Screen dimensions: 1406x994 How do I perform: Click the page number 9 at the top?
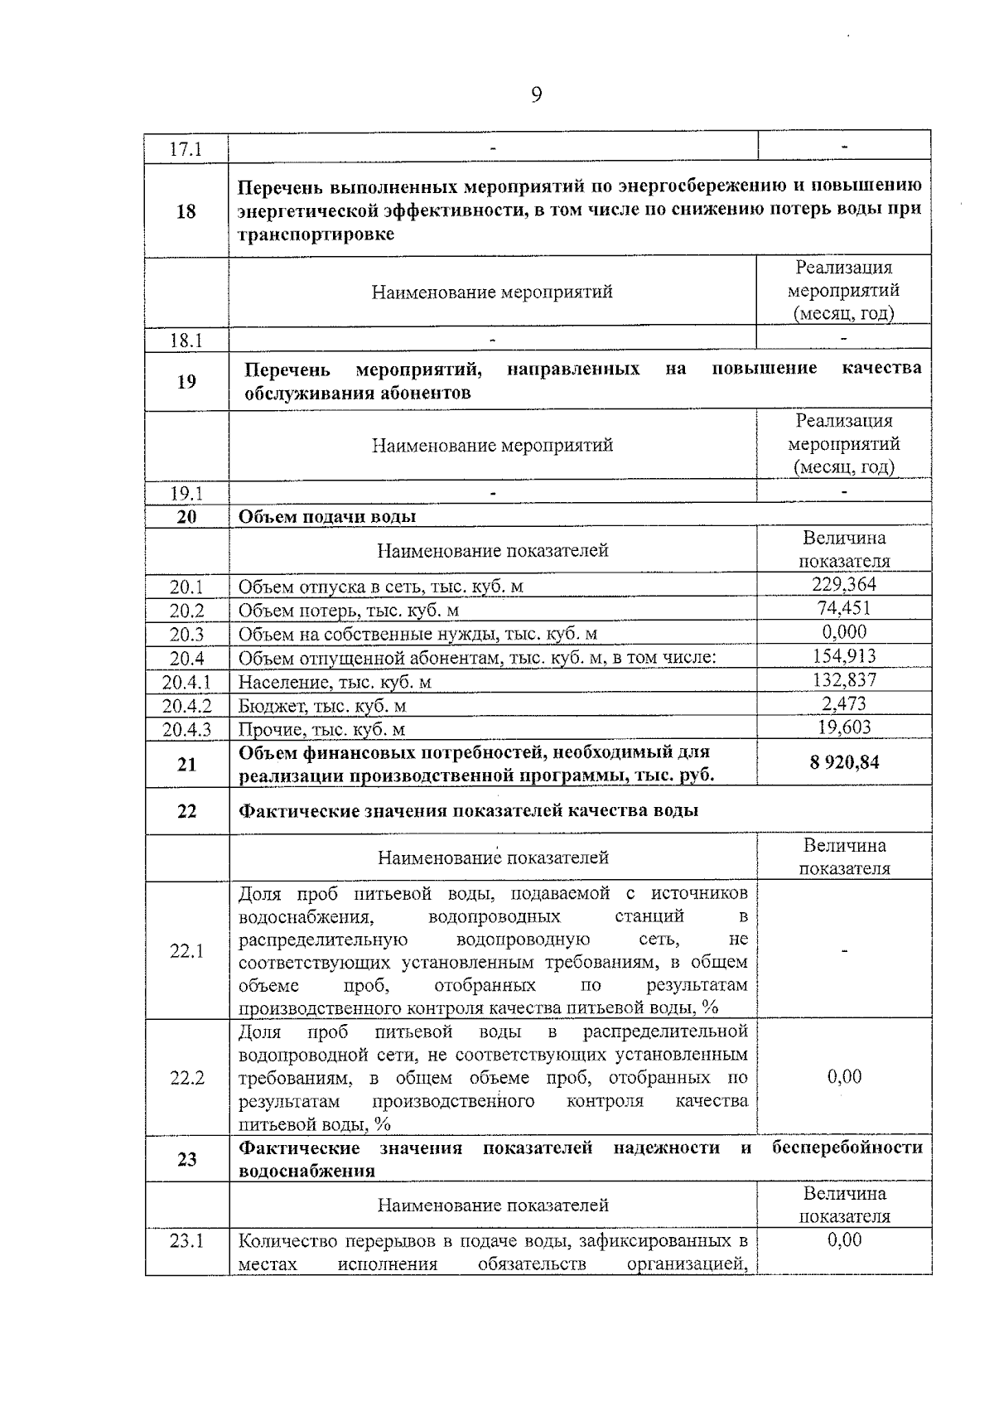pyautogui.click(x=536, y=96)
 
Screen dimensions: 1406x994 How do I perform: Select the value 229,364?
pyautogui.click(x=843, y=584)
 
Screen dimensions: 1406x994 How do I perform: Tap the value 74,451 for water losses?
pyautogui.click(x=843, y=608)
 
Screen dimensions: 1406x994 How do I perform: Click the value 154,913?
pyautogui.click(x=843, y=656)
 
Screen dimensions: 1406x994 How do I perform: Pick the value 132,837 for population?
pyautogui.click(x=843, y=680)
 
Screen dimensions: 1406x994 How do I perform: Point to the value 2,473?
pyautogui.click(x=843, y=704)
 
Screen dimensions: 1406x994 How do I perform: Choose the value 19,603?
pyautogui.click(x=843, y=727)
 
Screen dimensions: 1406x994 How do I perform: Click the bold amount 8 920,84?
pyautogui.click(x=843, y=763)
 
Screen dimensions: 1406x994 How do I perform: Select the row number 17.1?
pyautogui.click(x=186, y=150)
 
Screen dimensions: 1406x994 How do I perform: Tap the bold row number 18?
pyautogui.click(x=186, y=211)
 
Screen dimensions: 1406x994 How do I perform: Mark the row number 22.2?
pyautogui.click(x=186, y=1079)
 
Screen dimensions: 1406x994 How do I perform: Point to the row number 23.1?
pyautogui.click(x=186, y=1241)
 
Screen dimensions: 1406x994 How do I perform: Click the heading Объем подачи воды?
pyautogui.click(x=327, y=517)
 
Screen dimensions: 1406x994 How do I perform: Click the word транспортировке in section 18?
pyautogui.click(x=316, y=234)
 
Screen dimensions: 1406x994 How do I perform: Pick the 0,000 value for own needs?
pyautogui.click(x=843, y=632)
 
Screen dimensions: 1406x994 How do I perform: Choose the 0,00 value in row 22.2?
pyautogui.click(x=843, y=1077)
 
